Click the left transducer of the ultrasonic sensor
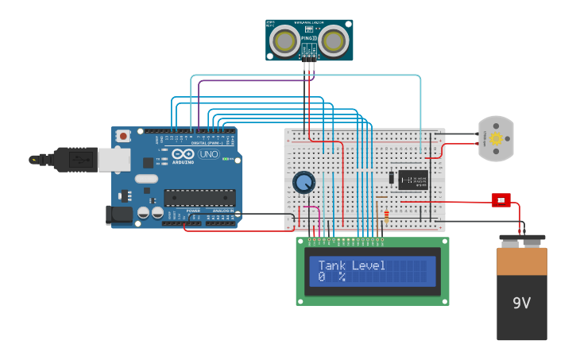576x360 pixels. click(284, 41)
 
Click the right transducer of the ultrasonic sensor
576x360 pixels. click(334, 41)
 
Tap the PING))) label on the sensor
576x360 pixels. click(309, 38)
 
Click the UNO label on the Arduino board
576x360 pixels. click(208, 154)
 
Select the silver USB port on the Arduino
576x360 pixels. click(114, 160)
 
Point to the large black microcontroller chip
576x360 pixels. click(199, 198)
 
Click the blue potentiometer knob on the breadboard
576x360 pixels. click(303, 183)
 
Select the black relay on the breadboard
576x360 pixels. click(413, 180)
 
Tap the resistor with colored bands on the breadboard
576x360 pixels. click(386, 214)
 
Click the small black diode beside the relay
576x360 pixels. click(391, 178)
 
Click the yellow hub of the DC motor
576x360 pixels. click(497, 139)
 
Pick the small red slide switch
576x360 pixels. click(501, 199)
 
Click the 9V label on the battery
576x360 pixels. click(521, 303)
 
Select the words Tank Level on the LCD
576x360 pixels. click(351, 265)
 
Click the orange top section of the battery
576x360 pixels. click(522, 261)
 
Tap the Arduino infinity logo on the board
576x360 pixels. click(182, 154)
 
